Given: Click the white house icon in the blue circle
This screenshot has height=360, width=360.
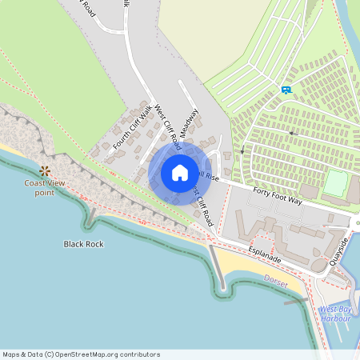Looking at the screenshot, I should click(180, 173).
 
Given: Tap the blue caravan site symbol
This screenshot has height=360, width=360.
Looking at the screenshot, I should click(286, 90).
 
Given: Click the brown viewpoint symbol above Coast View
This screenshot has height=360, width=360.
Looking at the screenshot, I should click(44, 170).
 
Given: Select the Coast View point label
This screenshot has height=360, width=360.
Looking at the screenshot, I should click(44, 188).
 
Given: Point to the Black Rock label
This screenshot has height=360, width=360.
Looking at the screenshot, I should click(84, 243).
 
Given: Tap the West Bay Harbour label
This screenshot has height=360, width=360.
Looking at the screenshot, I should click(334, 313).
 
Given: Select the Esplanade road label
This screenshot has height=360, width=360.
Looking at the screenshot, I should click(264, 258).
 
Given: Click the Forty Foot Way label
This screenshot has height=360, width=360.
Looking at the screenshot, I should click(277, 196).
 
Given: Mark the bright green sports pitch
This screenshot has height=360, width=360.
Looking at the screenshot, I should click(336, 184).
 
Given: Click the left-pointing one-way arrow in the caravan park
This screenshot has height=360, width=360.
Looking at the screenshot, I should click(292, 133).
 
